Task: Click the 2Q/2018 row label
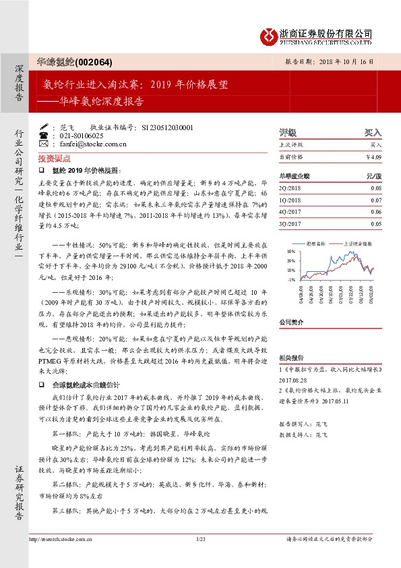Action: tap(290, 188)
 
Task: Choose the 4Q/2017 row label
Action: tap(290, 212)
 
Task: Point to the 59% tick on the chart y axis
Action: tap(290, 250)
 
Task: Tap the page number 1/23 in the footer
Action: tap(200, 557)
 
